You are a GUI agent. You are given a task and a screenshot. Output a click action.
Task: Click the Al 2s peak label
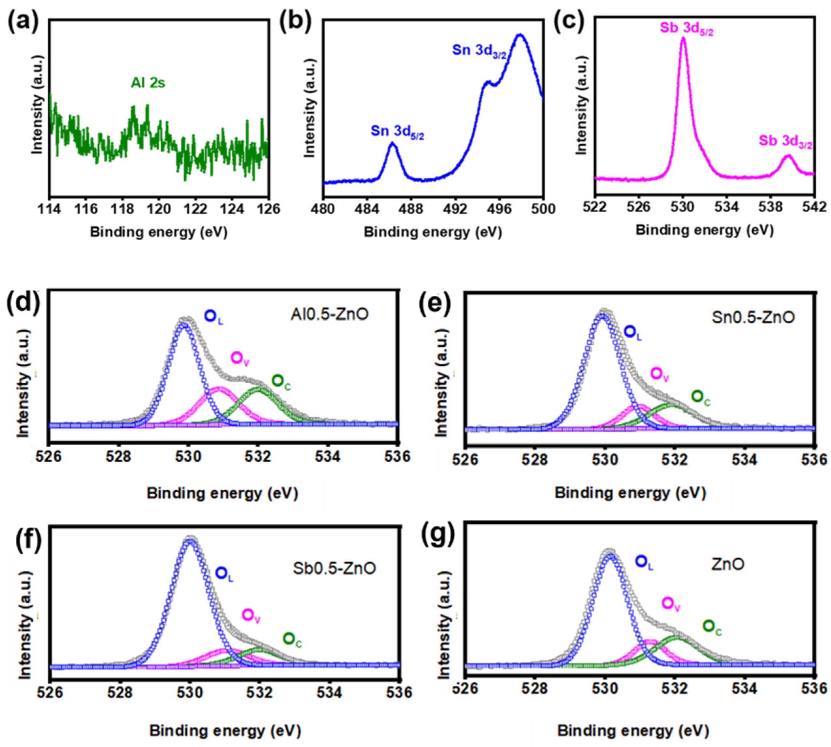[x=148, y=83]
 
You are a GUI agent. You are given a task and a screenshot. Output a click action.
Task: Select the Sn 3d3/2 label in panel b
[x=478, y=51]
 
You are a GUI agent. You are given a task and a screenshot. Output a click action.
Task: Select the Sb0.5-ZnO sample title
[x=335, y=568]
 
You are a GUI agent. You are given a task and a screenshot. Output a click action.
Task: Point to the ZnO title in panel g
[x=727, y=565]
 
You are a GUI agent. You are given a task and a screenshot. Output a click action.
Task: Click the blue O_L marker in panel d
[x=211, y=316]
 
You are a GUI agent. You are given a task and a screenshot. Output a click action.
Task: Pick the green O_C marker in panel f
[x=289, y=639]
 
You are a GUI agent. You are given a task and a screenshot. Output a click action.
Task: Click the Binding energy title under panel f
[x=225, y=731]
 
